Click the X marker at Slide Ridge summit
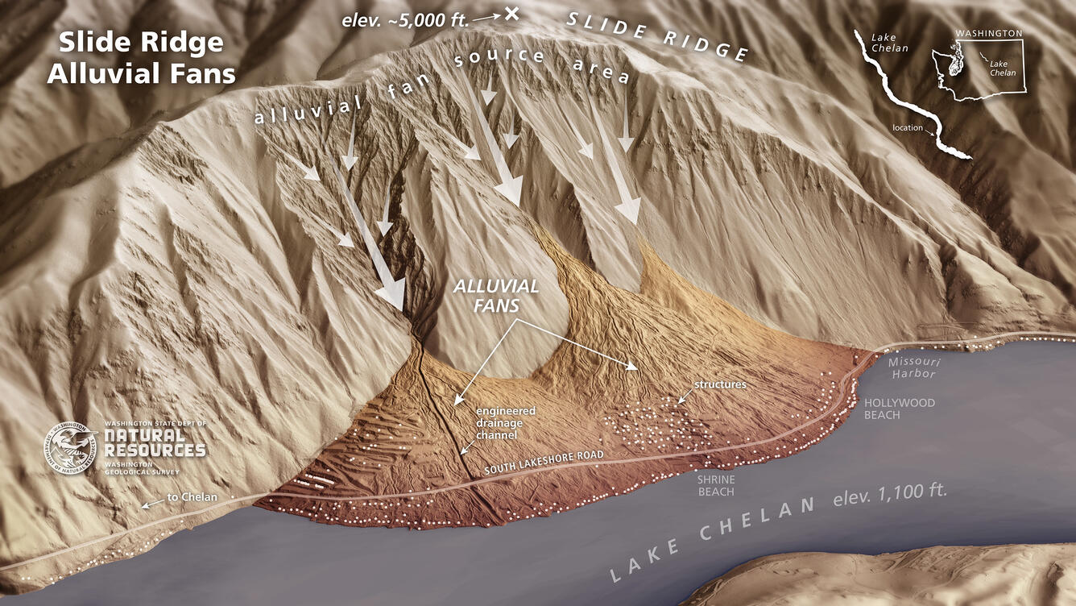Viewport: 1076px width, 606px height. coord(511,13)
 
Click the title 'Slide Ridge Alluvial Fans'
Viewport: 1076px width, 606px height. coord(141,57)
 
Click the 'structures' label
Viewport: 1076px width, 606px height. coord(720,384)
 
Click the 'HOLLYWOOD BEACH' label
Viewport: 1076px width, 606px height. coord(888,409)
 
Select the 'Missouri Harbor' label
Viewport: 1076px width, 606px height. coord(912,368)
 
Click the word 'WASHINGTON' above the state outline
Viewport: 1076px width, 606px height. coord(988,34)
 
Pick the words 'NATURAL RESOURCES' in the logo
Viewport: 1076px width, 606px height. coord(155,441)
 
